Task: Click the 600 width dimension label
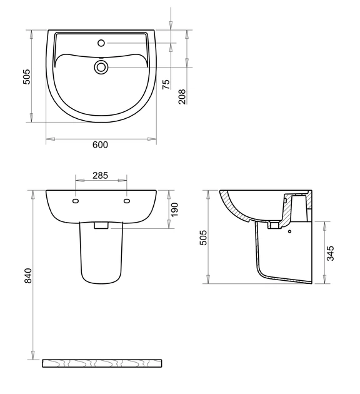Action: point(100,144)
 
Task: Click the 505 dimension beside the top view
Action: point(26,77)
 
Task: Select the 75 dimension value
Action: point(166,84)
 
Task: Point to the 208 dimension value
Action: point(182,96)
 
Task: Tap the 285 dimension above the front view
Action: point(100,175)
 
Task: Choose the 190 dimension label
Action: point(174,210)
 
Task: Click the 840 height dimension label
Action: point(28,276)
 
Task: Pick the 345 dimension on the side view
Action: point(331,253)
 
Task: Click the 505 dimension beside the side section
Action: point(203,238)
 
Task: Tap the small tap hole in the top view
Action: point(101,43)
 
